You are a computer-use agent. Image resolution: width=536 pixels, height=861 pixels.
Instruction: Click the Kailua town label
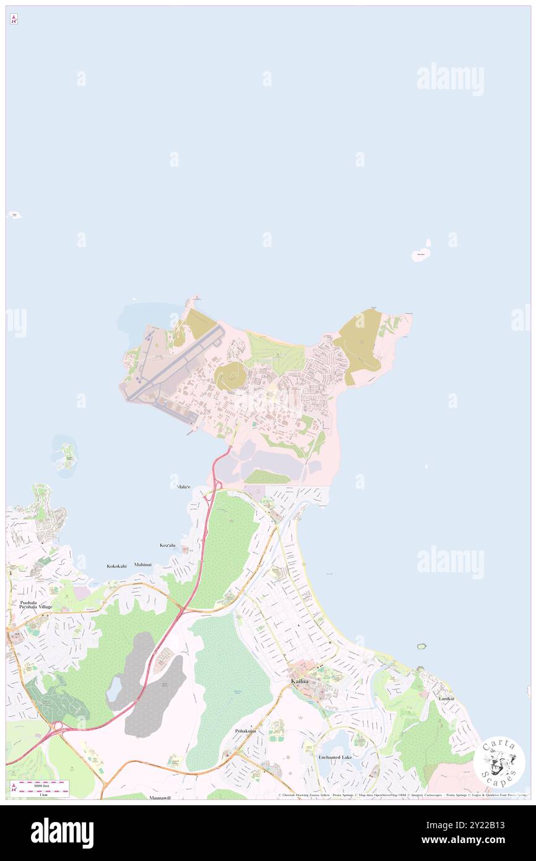tap(300, 681)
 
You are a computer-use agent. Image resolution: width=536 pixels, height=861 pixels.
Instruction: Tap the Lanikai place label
tap(446, 698)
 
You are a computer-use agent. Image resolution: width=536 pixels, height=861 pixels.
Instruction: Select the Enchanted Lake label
tap(335, 757)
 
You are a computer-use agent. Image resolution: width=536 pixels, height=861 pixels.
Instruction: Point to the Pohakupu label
tap(245, 731)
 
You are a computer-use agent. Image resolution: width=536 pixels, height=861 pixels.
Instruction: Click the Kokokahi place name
tap(116, 566)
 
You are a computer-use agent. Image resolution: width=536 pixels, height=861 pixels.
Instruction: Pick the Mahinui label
tap(143, 565)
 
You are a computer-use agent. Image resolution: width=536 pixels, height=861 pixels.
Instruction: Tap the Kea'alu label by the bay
tap(168, 545)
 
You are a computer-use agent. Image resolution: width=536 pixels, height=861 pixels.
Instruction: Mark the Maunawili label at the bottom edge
tap(160, 798)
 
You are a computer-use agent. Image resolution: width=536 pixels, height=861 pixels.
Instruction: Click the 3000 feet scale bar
tap(43, 784)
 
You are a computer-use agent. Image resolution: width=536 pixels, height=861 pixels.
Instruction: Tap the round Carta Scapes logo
tap(499, 762)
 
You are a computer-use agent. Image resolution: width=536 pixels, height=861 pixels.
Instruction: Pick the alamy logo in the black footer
tap(62, 833)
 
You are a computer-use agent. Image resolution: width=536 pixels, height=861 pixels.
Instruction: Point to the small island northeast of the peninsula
tap(421, 255)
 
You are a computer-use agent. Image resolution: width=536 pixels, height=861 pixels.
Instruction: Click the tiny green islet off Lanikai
tap(422, 647)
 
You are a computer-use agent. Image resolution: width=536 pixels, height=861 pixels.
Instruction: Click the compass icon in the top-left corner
tap(14, 19)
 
